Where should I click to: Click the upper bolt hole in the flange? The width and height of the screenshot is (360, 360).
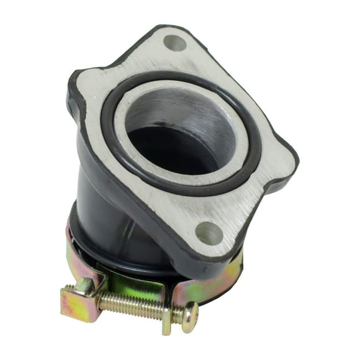[x=175, y=43]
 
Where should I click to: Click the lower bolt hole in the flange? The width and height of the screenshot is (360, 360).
[x=209, y=233]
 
